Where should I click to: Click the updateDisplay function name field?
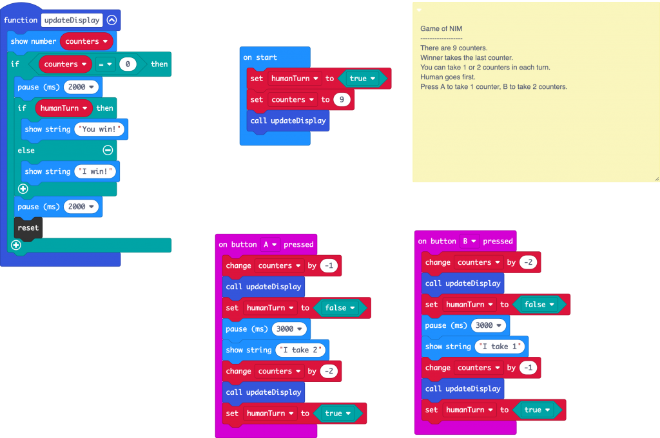[x=72, y=20]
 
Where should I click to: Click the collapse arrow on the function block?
[x=112, y=20]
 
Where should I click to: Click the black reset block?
[x=28, y=228]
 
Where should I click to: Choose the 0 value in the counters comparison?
[x=128, y=64]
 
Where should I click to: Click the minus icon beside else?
[x=108, y=150]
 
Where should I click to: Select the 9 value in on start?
[x=342, y=100]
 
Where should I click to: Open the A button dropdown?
[x=269, y=245]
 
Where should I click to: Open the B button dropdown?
[x=469, y=242]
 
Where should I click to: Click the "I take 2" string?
[x=300, y=350]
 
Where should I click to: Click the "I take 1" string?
[x=500, y=347]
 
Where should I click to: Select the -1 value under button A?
[x=329, y=266]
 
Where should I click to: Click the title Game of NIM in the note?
[x=441, y=28]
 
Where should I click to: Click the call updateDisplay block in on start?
[x=287, y=121]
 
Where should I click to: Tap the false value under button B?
[x=538, y=305]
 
